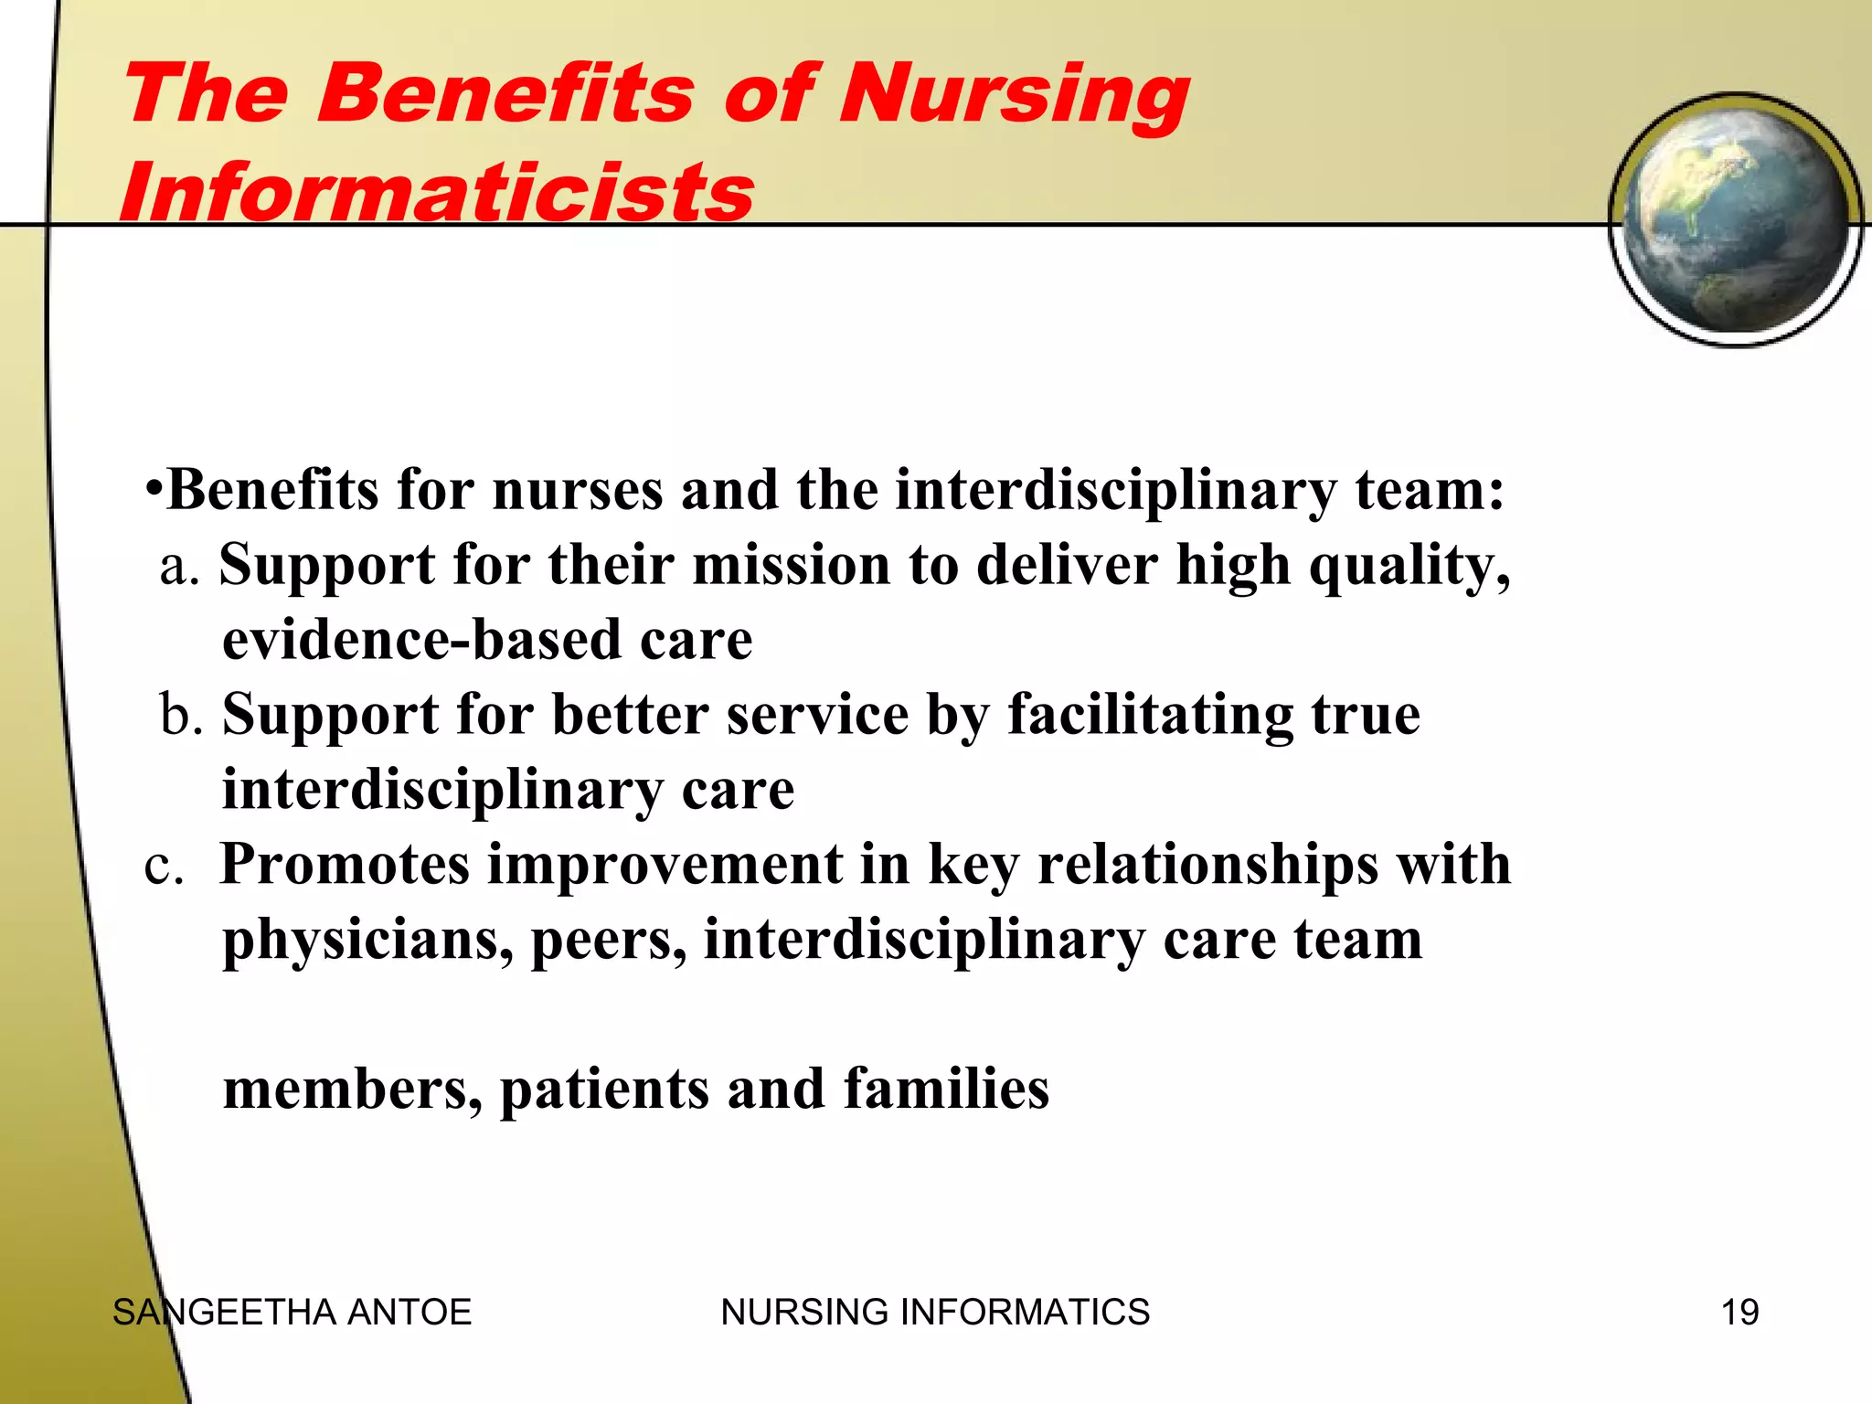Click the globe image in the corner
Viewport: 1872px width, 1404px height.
click(1735, 219)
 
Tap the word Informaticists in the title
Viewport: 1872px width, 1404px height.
click(437, 192)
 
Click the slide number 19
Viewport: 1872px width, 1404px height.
click(1739, 1313)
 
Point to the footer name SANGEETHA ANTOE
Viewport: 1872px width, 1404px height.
click(292, 1313)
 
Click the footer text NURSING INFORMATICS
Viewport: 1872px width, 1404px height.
click(935, 1313)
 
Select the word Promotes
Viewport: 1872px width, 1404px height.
click(345, 865)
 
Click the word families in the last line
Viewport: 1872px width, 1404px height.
click(946, 1090)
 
